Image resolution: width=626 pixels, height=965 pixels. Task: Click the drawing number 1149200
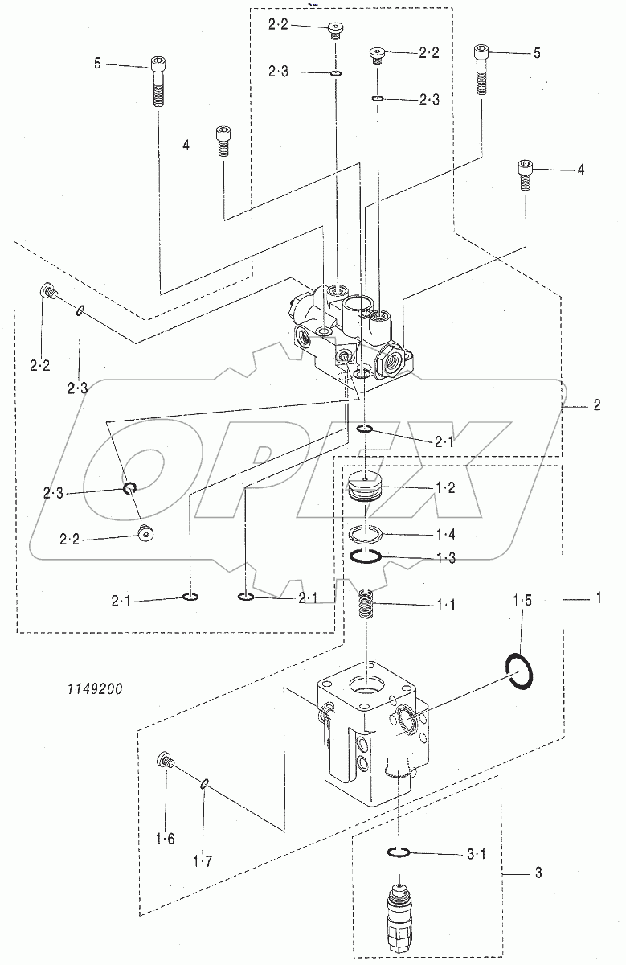tap(89, 688)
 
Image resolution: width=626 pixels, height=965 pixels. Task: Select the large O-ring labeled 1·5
tap(521, 671)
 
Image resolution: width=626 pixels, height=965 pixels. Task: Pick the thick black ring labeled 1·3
tap(366, 557)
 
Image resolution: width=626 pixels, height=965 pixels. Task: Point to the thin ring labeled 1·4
tap(366, 533)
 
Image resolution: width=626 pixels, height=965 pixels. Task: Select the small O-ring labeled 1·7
tap(206, 784)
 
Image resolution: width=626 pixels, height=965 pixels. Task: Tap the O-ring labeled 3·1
tap(399, 852)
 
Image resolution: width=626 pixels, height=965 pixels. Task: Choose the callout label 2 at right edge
tap(596, 405)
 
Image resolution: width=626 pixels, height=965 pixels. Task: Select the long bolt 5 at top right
tap(481, 70)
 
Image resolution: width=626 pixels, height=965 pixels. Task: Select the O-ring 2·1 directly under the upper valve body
tap(364, 429)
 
